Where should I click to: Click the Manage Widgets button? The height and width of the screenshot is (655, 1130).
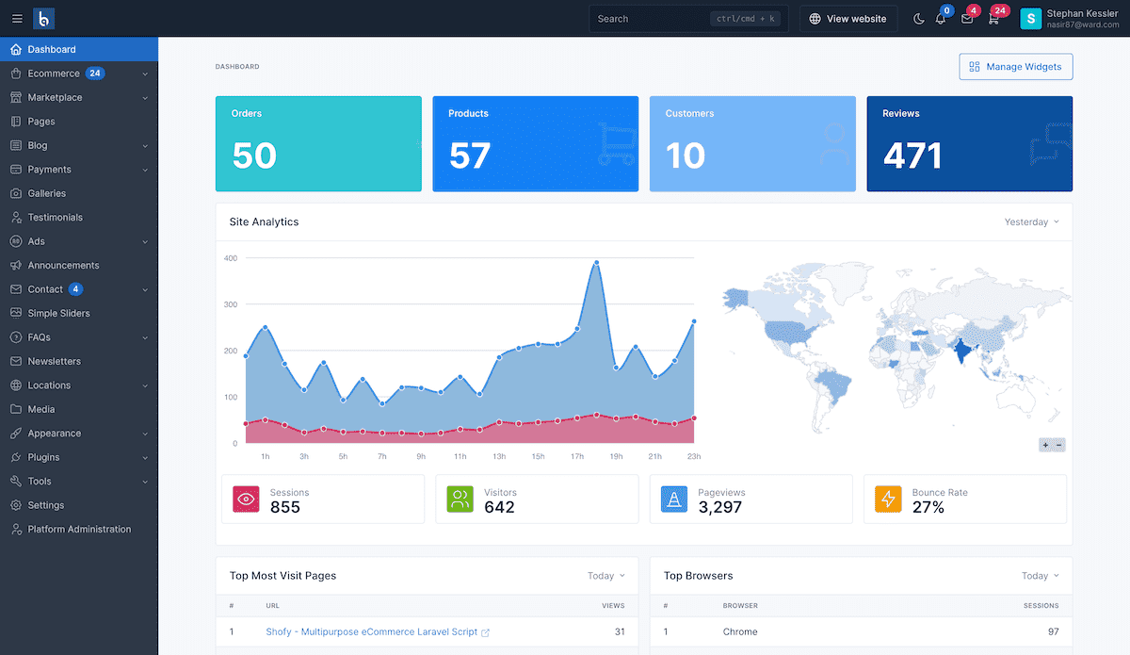[x=1015, y=67]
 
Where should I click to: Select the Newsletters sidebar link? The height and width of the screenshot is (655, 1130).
[x=54, y=361]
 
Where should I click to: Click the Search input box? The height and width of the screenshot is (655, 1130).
[x=650, y=19]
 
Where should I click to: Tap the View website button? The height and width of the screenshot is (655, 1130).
[x=847, y=19]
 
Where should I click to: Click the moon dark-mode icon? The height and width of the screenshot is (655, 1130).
[x=919, y=19]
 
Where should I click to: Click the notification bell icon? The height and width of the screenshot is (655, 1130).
[x=940, y=19]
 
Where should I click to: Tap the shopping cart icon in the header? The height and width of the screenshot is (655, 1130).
[x=993, y=19]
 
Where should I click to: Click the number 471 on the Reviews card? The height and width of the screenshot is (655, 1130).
[x=912, y=156]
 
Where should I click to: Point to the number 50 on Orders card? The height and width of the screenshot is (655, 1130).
[x=254, y=156]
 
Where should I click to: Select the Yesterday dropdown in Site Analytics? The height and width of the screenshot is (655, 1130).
[x=1031, y=222]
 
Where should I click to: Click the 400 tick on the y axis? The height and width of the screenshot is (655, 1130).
[x=230, y=257]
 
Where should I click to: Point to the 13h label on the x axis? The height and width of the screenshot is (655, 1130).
[x=498, y=456]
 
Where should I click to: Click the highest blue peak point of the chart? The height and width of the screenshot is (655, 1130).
[x=597, y=263]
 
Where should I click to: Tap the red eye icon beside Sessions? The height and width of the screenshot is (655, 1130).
[x=246, y=499]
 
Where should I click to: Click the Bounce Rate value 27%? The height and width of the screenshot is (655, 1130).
[x=928, y=507]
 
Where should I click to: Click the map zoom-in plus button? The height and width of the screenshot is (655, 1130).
[x=1045, y=445]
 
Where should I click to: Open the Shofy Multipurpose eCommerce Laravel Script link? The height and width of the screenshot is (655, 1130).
[x=371, y=631]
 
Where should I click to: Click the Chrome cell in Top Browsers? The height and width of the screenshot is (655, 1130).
[x=740, y=631]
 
